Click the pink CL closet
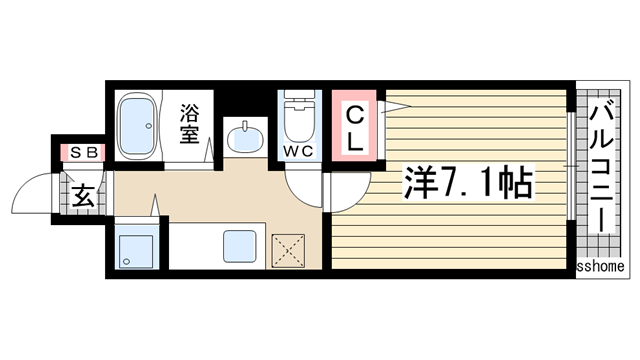355,129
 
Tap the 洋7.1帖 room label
466,182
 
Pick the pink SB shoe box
81,152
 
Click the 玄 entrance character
84,195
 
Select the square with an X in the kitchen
287,249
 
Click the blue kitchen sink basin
240,246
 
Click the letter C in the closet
355,116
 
